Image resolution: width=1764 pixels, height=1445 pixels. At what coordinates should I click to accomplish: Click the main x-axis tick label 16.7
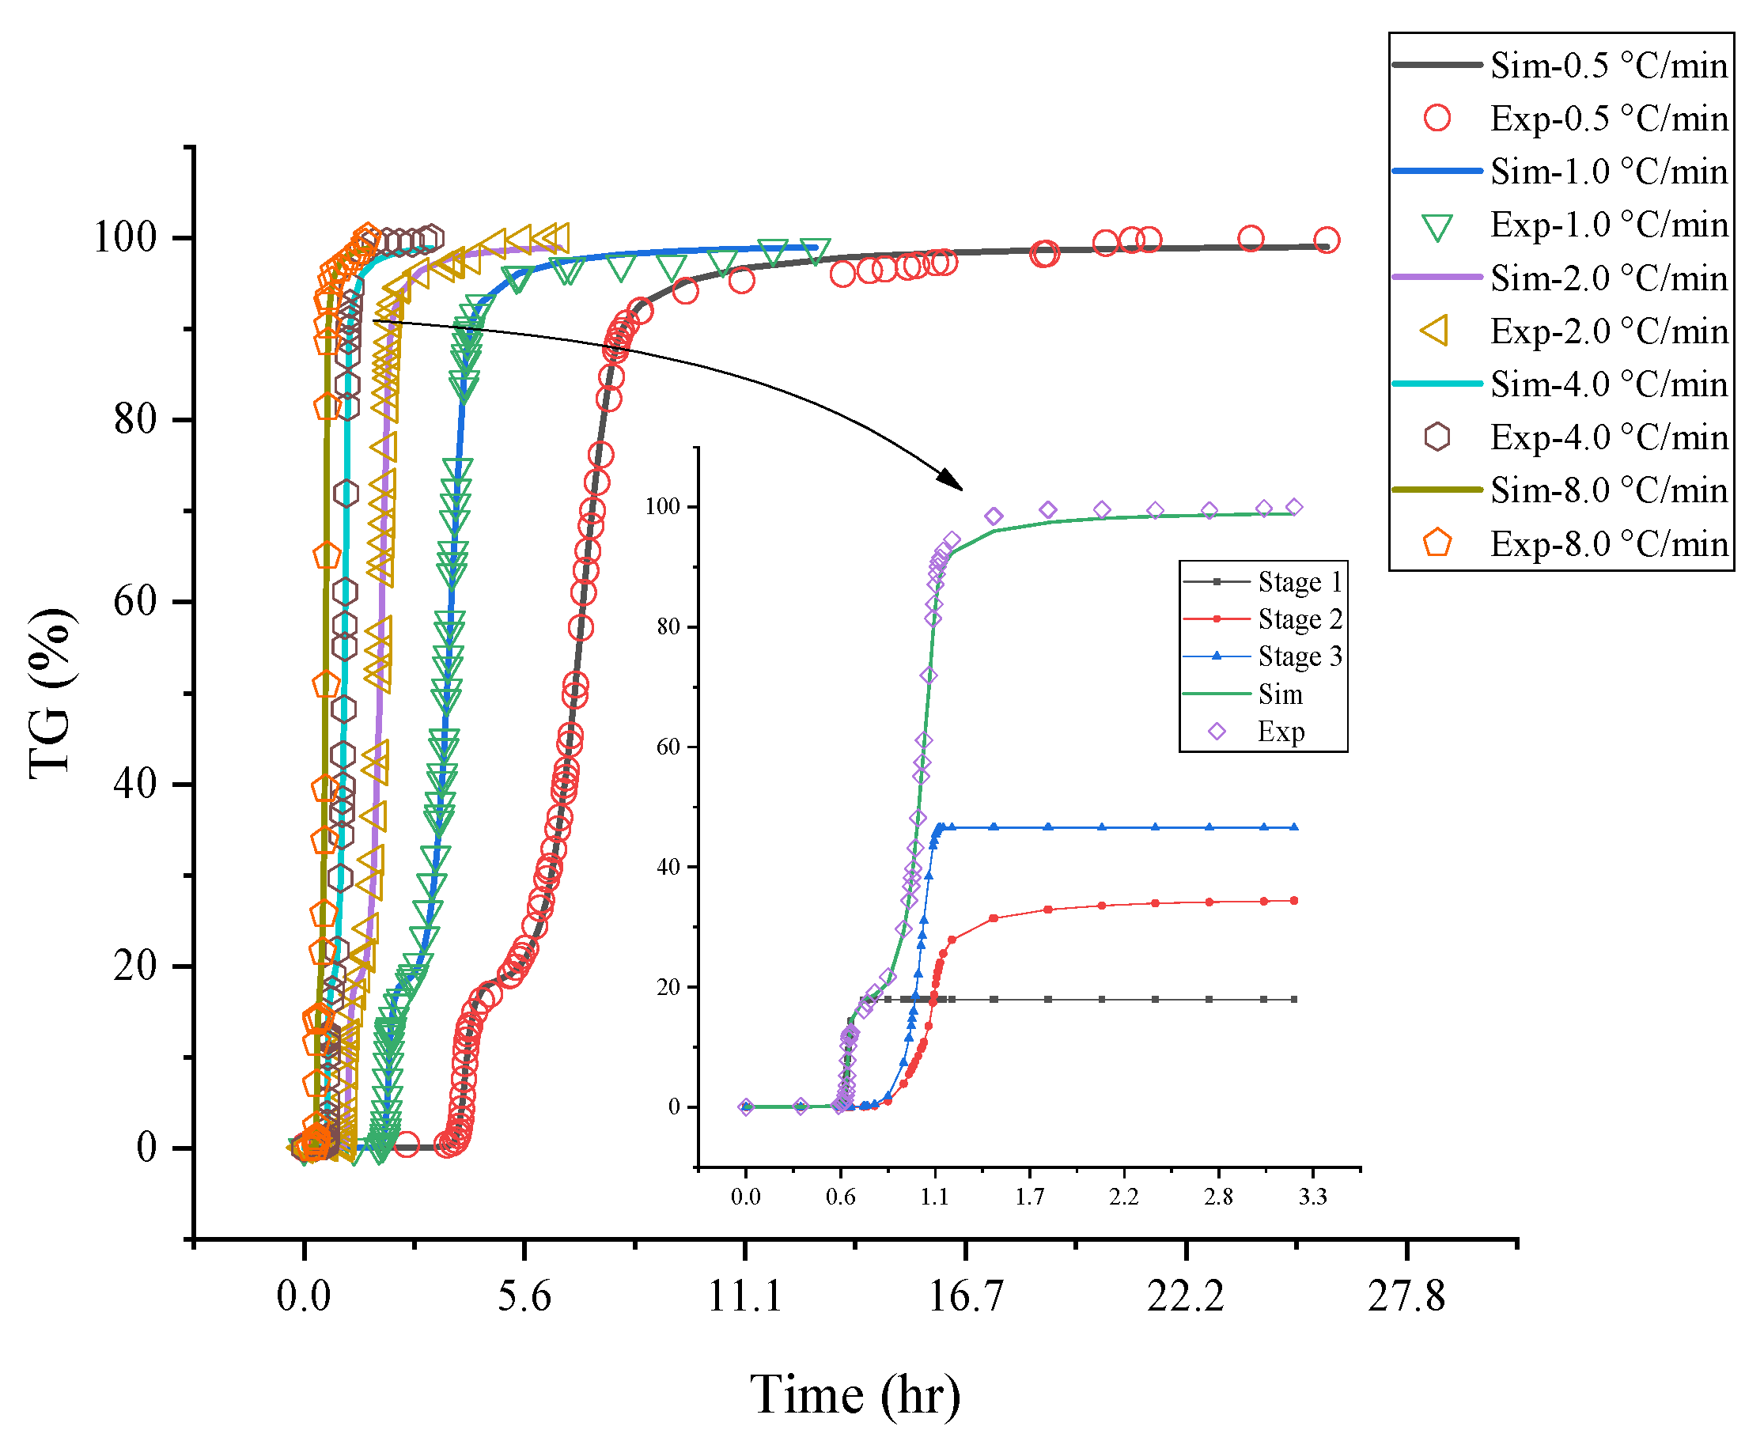[965, 1296]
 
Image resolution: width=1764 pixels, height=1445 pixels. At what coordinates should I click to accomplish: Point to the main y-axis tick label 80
[134, 418]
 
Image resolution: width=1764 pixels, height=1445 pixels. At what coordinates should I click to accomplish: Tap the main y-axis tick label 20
[134, 966]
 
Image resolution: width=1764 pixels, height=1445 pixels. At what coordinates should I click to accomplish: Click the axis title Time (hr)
[855, 1394]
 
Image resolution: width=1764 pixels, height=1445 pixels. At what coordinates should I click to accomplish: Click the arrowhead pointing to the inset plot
[952, 480]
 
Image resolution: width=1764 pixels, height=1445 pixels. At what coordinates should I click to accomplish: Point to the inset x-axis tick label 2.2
[1124, 1197]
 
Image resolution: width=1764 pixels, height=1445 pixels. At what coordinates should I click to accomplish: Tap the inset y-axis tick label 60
[668, 747]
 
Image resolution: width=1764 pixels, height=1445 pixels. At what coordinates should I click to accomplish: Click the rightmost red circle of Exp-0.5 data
[1326, 240]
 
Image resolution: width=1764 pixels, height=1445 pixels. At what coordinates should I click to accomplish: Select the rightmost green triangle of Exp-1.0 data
[816, 249]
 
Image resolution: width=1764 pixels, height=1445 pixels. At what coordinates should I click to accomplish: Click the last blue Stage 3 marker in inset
[1294, 827]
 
